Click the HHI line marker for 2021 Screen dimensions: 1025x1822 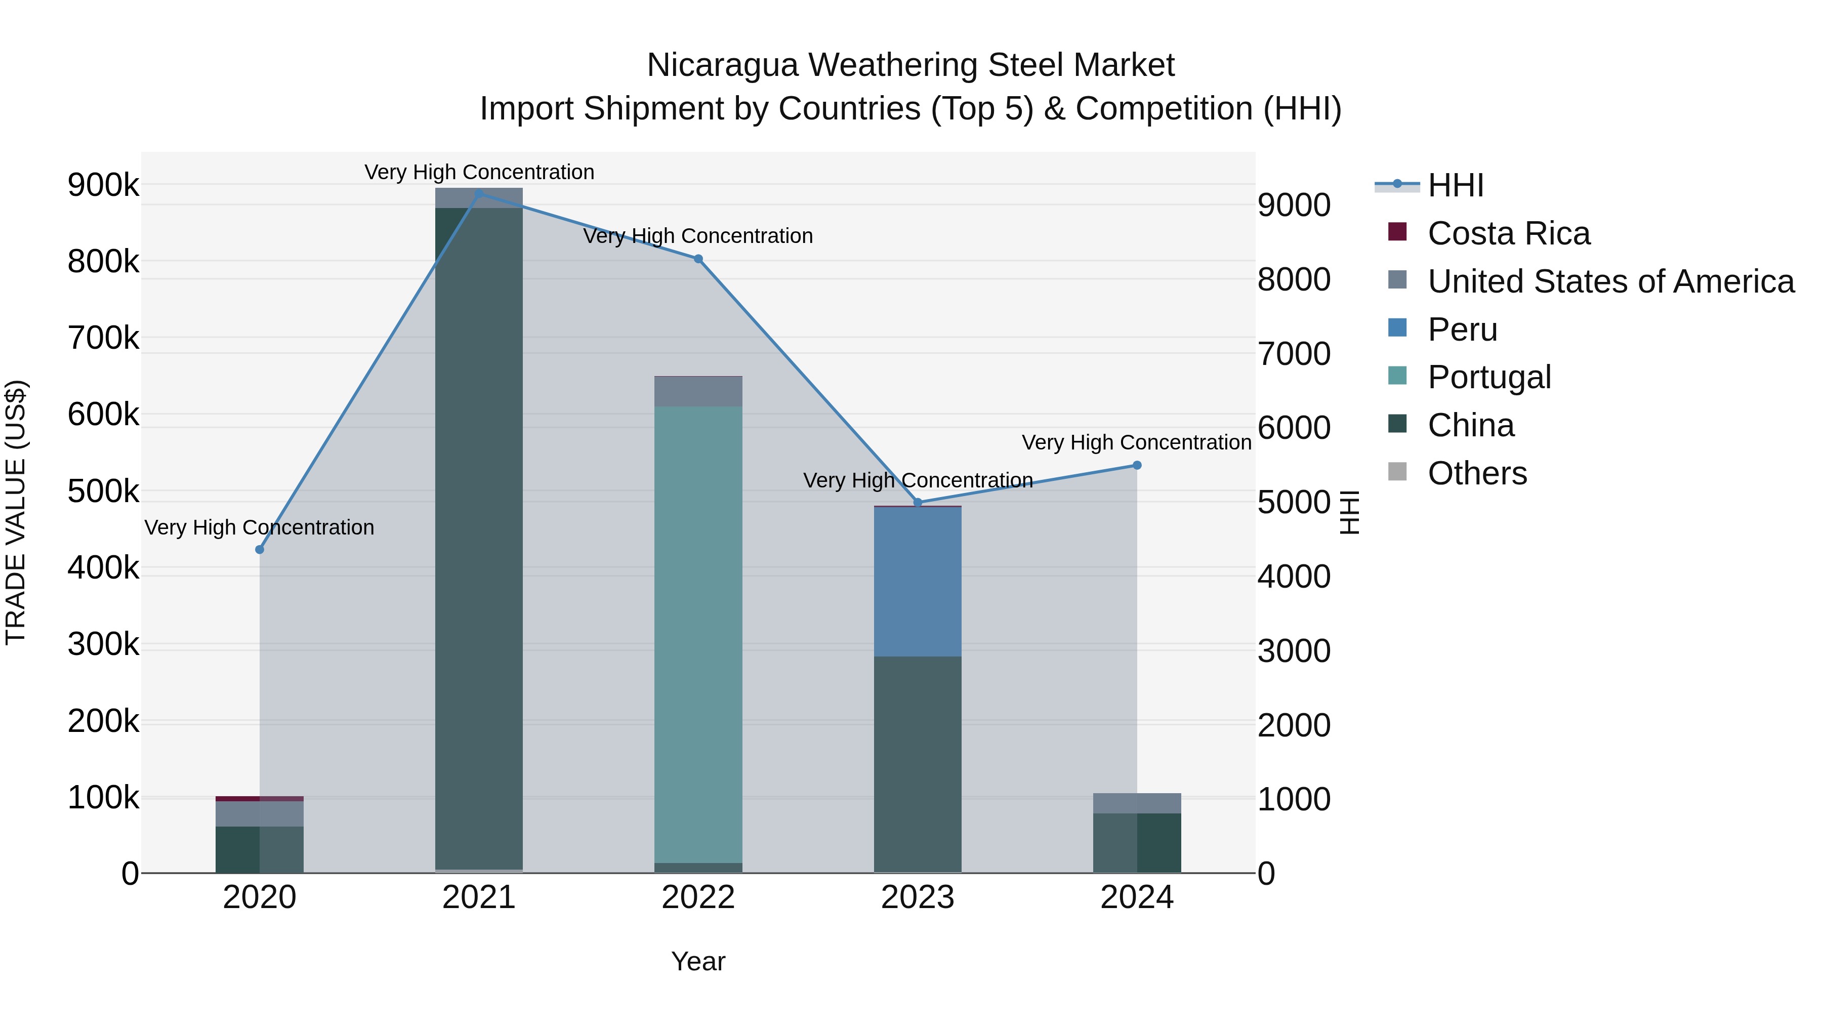point(479,194)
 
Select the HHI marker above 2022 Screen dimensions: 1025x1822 point(698,259)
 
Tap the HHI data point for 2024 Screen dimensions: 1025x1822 point(1137,466)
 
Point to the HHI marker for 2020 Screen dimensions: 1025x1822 point(260,550)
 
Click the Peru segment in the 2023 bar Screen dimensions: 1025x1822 point(918,582)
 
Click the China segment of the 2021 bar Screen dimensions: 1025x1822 point(479,538)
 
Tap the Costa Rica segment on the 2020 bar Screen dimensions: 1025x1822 point(260,799)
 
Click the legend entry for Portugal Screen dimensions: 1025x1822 point(1489,377)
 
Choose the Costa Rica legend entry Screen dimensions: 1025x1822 point(1508,233)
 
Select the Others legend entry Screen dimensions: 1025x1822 point(1477,473)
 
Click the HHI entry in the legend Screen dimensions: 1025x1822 point(1455,185)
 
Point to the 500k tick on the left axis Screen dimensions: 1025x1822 point(103,491)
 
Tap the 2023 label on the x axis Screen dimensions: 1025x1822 point(918,897)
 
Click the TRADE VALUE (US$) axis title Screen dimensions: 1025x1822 point(16,513)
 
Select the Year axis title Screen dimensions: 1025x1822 point(698,961)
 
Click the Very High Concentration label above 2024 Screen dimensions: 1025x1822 point(1137,443)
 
